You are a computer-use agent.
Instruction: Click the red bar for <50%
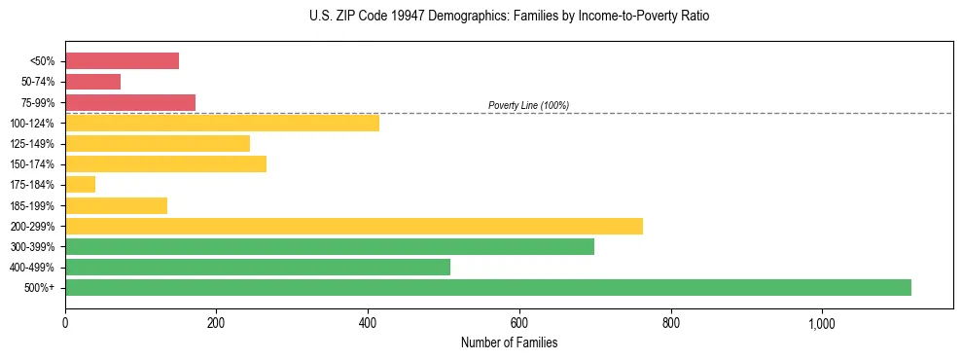click(x=122, y=61)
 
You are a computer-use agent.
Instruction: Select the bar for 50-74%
click(x=92, y=82)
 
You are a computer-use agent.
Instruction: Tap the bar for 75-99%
click(x=130, y=102)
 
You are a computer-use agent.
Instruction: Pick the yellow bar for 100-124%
click(x=222, y=123)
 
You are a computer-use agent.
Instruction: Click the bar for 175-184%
click(x=80, y=184)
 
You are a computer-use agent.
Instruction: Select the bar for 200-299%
click(x=354, y=226)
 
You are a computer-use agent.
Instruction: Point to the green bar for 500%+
click(x=488, y=287)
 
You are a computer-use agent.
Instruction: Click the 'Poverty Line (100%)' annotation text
click(x=528, y=105)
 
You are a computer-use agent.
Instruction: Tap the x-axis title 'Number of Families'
click(x=509, y=342)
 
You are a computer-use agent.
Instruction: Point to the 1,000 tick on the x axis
click(x=821, y=323)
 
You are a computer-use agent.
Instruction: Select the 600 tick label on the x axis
click(x=518, y=323)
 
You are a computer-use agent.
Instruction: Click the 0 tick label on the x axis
click(x=65, y=323)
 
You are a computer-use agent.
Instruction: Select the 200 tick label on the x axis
click(x=216, y=323)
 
